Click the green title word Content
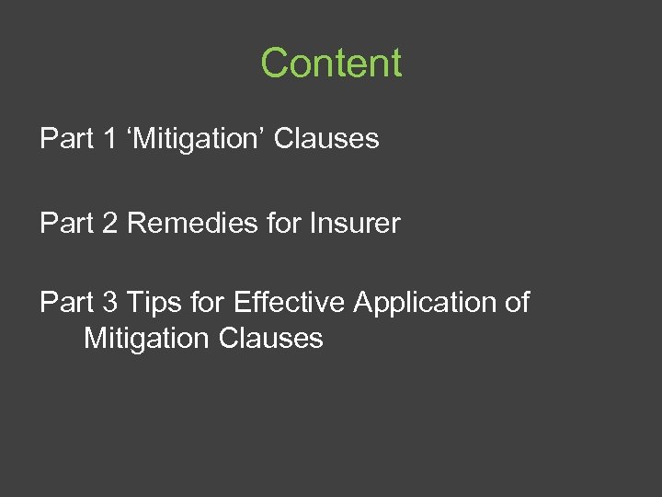pos(331,64)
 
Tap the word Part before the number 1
pos(65,139)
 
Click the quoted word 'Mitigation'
pos(196,139)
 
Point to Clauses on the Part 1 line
pos(326,139)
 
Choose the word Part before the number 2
pos(65,223)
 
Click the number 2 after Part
pos(109,223)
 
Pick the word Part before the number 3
pos(65,303)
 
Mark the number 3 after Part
pos(109,303)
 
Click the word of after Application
pos(517,303)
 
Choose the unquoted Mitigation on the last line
pos(147,339)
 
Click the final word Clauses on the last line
pos(271,338)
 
